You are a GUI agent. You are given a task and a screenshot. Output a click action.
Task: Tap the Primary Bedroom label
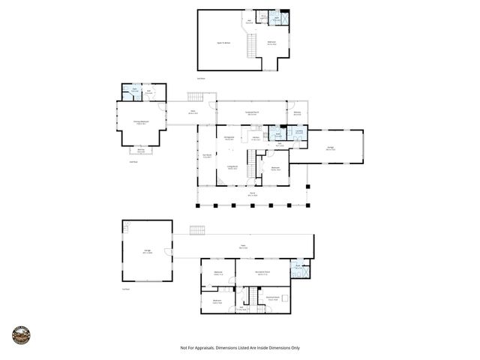pos(139,124)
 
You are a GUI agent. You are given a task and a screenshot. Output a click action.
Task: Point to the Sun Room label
pos(207,156)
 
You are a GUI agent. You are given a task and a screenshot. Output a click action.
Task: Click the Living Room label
pos(232,168)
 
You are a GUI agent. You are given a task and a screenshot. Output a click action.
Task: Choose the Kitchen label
pos(256,139)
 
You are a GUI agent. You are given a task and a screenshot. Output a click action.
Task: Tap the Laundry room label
pos(298,132)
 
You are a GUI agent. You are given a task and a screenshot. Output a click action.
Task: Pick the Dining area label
pos(229,138)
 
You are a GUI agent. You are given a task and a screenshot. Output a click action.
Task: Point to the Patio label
pos(243,246)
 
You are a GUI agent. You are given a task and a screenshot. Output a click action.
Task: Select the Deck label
pos(193,112)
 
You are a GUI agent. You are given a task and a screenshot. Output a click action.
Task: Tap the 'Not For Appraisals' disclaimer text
pos(240,348)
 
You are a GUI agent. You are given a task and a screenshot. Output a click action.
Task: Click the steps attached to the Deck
pos(195,97)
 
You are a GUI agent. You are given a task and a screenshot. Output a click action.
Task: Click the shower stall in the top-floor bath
pos(277,16)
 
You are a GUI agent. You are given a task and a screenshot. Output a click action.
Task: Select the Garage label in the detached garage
pos(148,252)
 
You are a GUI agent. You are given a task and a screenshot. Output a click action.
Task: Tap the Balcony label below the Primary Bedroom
pos(140,151)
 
